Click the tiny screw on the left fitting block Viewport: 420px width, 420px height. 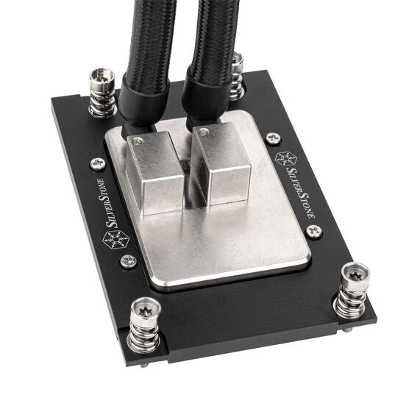[140, 138]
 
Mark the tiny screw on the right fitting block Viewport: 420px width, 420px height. [204, 131]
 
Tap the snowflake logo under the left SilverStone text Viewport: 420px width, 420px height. [116, 239]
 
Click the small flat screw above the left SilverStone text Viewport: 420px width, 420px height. [97, 163]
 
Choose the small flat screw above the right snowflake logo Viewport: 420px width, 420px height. [273, 138]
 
